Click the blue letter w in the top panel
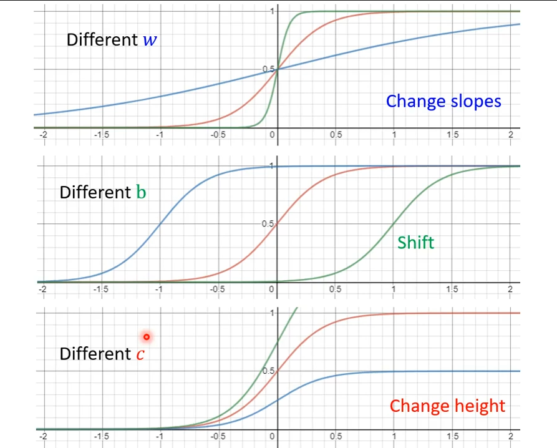(150, 41)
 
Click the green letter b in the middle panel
(141, 192)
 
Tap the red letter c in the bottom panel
(141, 354)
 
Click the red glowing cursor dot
(147, 337)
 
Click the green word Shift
(415, 242)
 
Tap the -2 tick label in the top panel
(42, 135)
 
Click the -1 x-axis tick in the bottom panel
(158, 436)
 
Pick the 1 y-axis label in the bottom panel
(271, 312)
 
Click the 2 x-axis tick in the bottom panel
(510, 436)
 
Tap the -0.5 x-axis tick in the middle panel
(216, 290)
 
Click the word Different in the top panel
(102, 41)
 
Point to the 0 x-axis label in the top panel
(273, 135)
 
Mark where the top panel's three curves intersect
(278, 69)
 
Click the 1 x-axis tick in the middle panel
(393, 290)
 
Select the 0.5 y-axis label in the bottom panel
(268, 371)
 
